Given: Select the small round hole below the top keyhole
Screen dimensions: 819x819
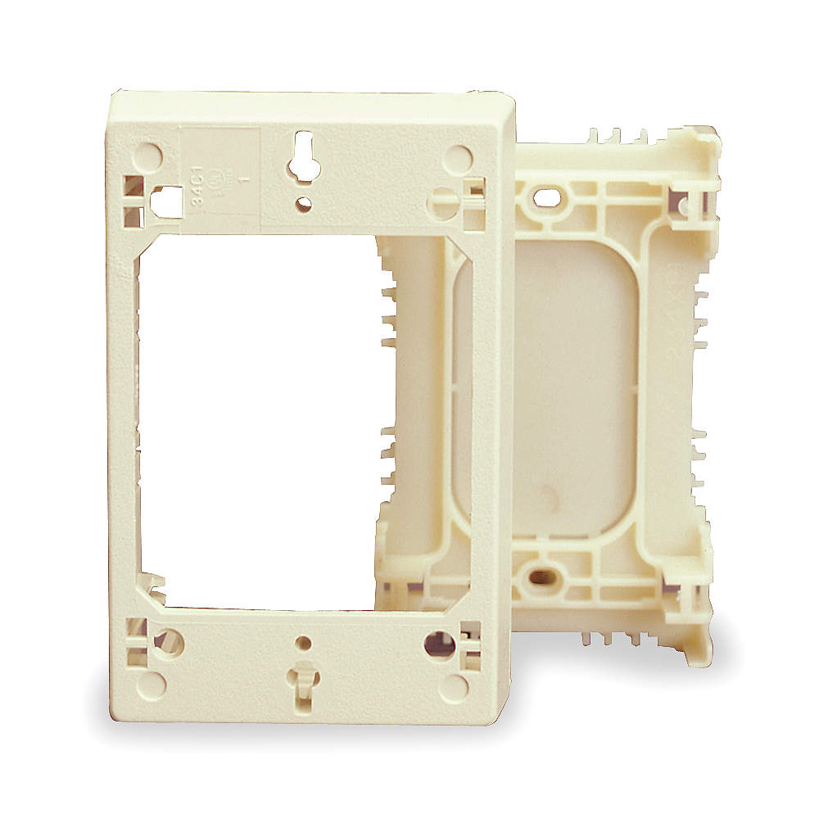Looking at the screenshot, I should pos(304,202).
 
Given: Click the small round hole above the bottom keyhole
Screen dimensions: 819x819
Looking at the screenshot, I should pos(304,644).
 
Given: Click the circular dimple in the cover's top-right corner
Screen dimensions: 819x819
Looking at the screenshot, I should pos(456,158).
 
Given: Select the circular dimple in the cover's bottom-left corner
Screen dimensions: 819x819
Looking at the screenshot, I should pos(151,684).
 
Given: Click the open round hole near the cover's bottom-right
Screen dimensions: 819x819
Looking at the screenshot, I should pos(439,643).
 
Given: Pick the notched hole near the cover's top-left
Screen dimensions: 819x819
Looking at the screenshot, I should pos(168,199).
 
